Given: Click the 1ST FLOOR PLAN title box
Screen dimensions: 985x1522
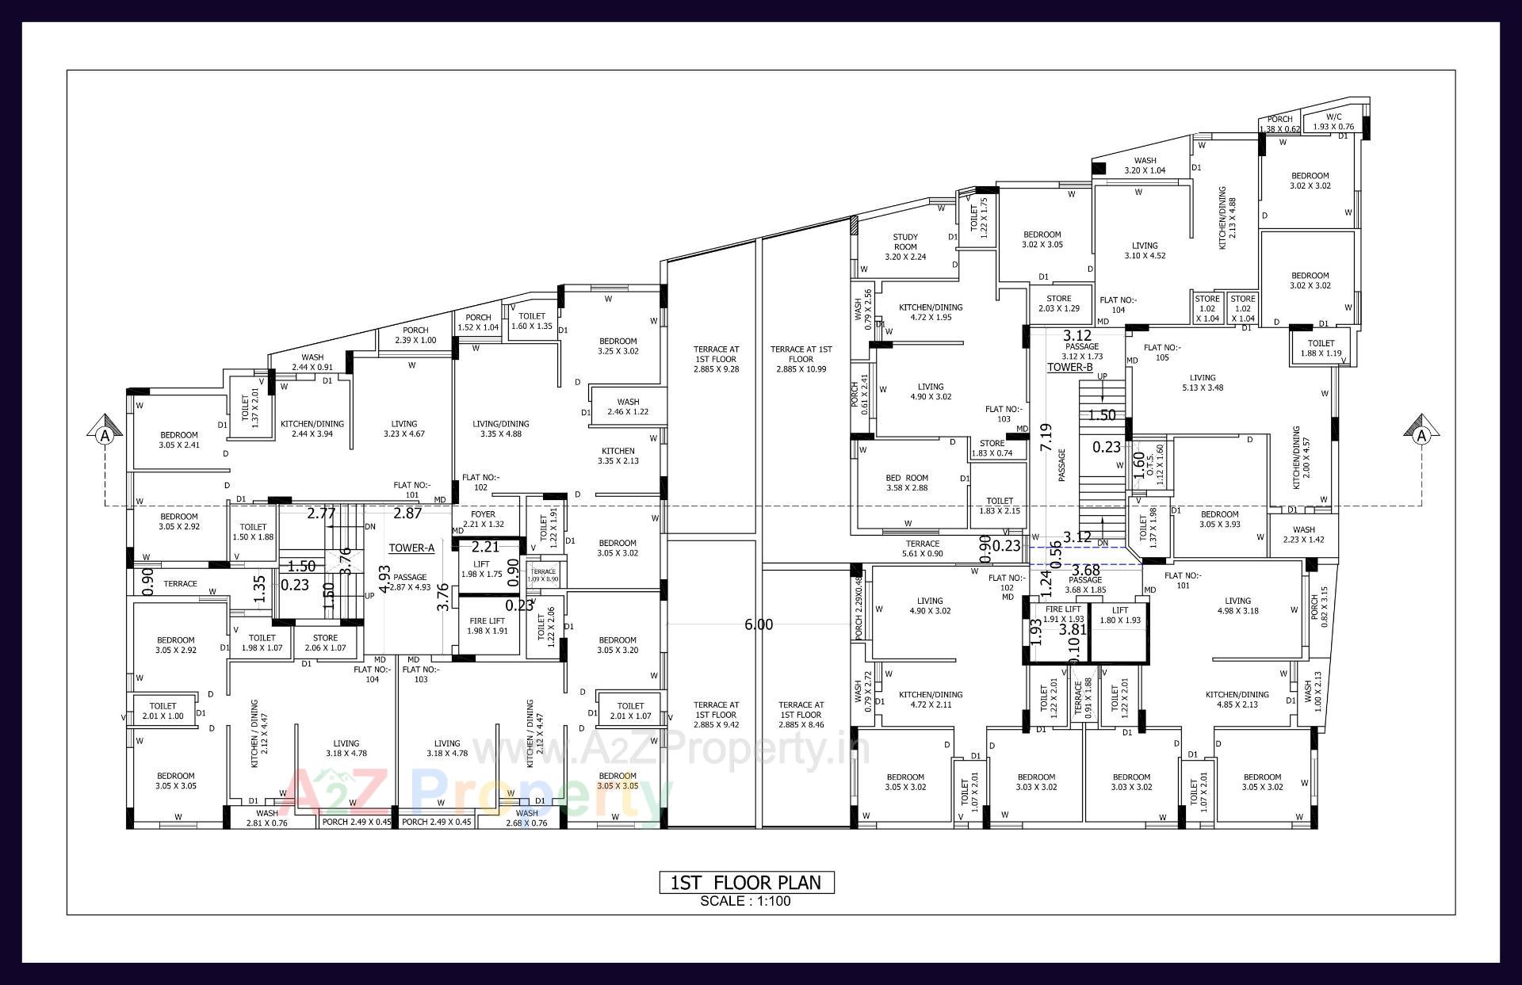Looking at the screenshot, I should coord(746,882).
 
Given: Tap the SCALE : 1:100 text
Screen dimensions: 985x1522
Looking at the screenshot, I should coord(745,901).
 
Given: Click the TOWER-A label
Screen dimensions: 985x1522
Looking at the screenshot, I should coord(411,548).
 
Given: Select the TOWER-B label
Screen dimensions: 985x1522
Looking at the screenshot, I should coord(1069,368).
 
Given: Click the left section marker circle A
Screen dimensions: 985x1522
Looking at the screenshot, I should coord(104,435).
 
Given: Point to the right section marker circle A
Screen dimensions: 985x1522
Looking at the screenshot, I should coord(1421,435).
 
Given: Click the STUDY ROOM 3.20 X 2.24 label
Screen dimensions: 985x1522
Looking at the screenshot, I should coord(905,246).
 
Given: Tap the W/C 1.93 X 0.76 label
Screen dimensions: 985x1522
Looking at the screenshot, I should coord(1333,121).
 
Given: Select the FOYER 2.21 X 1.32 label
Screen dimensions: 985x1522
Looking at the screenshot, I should coord(483,519).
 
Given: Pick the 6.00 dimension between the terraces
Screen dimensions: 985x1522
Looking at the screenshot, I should coord(759,625).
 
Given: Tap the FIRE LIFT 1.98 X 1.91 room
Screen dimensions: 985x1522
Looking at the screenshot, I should coord(487,626).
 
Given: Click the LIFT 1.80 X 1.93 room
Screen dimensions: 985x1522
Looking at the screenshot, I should coord(1119,616).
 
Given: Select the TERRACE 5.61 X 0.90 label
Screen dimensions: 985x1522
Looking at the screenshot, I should coord(923,548).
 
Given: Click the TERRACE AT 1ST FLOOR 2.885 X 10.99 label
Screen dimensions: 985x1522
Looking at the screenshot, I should coord(801,359).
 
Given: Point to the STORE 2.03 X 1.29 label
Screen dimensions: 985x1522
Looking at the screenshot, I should coord(1058,304).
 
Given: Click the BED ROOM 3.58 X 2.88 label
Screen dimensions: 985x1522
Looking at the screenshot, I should coord(906,483).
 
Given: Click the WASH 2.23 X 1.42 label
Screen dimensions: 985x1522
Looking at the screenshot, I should coord(1303,535).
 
